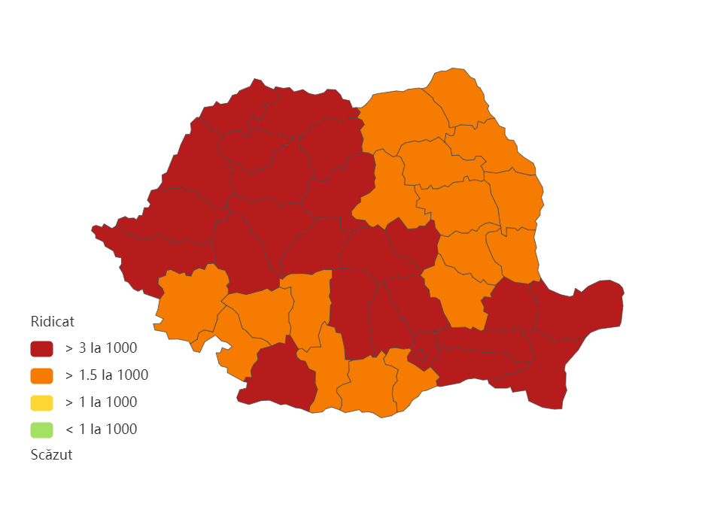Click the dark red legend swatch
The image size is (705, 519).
(41, 348)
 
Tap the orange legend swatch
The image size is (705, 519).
(41, 375)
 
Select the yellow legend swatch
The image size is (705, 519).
(41, 402)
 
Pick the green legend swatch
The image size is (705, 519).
(41, 429)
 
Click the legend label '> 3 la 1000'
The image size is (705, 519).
(101, 348)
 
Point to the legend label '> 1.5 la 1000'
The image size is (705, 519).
(106, 375)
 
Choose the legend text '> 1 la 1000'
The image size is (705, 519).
(101, 402)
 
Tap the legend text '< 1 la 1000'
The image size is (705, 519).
(101, 429)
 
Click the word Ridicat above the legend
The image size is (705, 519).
(52, 322)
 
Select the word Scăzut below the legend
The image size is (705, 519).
(51, 455)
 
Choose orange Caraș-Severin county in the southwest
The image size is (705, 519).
(188, 301)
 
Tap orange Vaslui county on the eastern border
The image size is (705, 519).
(519, 199)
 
